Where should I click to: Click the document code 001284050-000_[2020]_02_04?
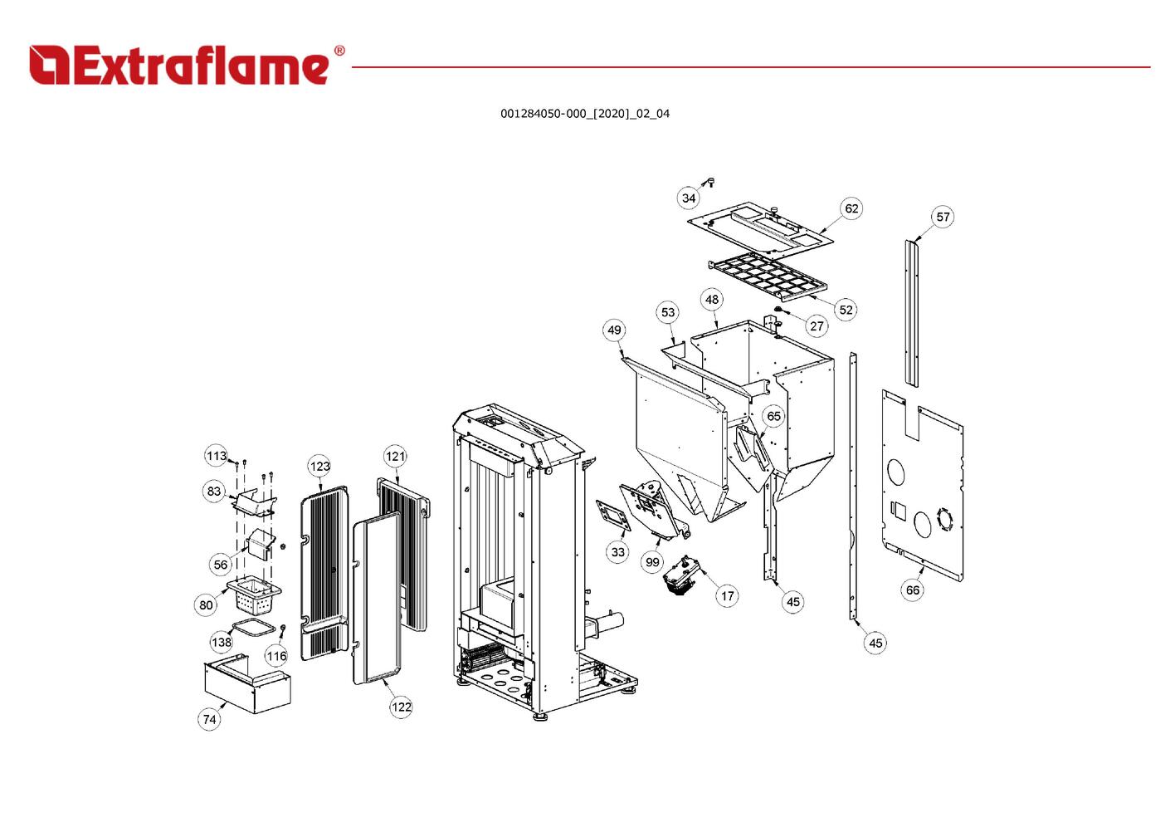[585, 114]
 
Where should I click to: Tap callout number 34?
[689, 198]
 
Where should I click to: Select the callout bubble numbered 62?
[851, 208]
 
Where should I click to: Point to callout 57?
[943, 217]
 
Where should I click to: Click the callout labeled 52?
[846, 310]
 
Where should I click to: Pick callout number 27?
[817, 326]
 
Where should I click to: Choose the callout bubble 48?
[712, 300]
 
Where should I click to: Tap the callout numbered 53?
[667, 312]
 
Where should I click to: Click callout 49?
[614, 330]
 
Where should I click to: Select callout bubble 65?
[773, 416]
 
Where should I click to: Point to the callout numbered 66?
[913, 590]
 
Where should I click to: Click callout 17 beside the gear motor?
[728, 595]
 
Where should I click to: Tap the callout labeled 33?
[618, 552]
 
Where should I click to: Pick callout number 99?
[652, 562]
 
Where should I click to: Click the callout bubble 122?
[401, 707]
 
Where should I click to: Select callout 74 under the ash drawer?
[209, 720]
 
